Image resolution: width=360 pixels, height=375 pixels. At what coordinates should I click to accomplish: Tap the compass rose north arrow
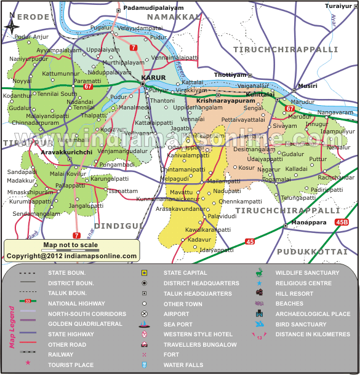coord(12,26)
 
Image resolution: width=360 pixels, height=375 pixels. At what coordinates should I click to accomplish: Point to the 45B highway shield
coord(342,221)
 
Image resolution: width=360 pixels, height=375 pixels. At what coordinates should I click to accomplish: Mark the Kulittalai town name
coord(263,95)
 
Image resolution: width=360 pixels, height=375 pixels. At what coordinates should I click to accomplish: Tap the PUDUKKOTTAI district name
coord(316,252)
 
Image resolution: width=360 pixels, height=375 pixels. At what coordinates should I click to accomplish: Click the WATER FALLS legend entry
coord(183,365)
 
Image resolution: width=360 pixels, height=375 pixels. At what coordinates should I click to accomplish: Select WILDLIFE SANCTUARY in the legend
coord(307,272)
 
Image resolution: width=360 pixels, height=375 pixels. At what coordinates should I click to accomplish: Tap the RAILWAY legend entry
coord(61,355)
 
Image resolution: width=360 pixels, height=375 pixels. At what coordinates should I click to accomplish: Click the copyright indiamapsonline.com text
coord(71,256)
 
